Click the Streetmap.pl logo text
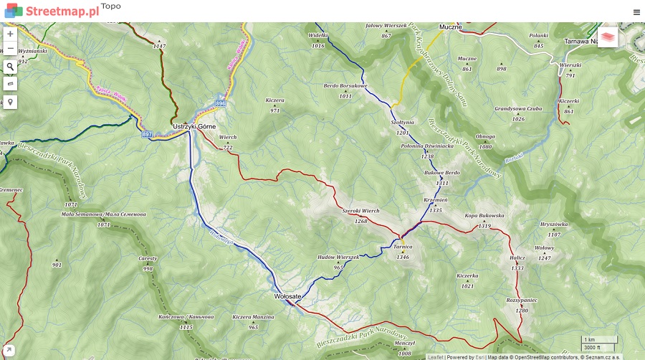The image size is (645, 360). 62,11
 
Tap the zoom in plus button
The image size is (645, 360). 10,34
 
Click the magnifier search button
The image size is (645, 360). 10,67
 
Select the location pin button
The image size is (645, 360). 10,102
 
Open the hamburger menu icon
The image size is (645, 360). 636,11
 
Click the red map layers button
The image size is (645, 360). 607,37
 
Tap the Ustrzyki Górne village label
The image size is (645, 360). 194,127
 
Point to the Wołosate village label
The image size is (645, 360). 287,296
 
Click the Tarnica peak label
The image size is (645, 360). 403,247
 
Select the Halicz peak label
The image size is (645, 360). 517,258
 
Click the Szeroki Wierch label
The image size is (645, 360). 360,211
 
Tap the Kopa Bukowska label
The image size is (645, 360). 484,216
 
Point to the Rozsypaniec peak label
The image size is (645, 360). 522,300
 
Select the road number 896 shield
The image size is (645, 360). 221,104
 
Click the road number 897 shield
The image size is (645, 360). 148,134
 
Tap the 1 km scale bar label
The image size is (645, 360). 590,339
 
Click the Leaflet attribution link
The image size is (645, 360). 436,356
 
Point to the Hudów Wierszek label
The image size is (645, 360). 338,257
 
